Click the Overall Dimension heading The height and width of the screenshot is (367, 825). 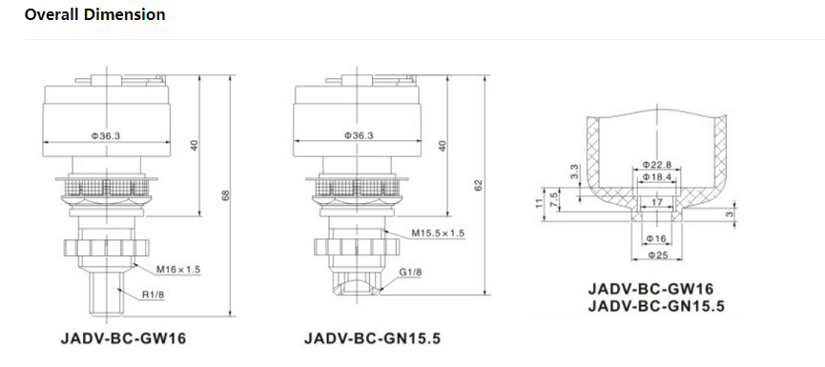[94, 14]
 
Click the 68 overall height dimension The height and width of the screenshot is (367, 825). [225, 195]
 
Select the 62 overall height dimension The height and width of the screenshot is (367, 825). [478, 185]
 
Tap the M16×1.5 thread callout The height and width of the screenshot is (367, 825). [179, 270]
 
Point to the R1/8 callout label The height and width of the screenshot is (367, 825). [154, 295]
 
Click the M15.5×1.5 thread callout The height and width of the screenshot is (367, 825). [438, 234]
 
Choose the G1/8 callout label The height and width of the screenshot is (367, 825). [411, 272]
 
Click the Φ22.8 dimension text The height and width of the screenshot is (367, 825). [657, 165]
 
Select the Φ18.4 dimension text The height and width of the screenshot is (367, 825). [657, 177]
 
